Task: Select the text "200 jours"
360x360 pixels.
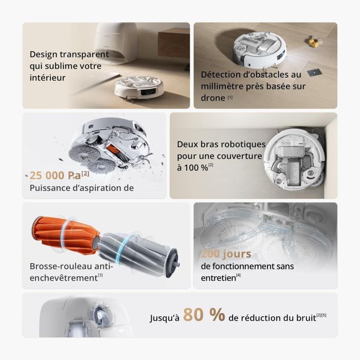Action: [226, 254]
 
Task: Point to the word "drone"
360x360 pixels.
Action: [212, 98]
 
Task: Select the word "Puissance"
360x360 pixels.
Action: [46, 188]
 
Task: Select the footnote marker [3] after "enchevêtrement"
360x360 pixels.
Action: [100, 276]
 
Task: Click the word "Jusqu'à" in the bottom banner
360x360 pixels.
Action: [165, 318]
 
